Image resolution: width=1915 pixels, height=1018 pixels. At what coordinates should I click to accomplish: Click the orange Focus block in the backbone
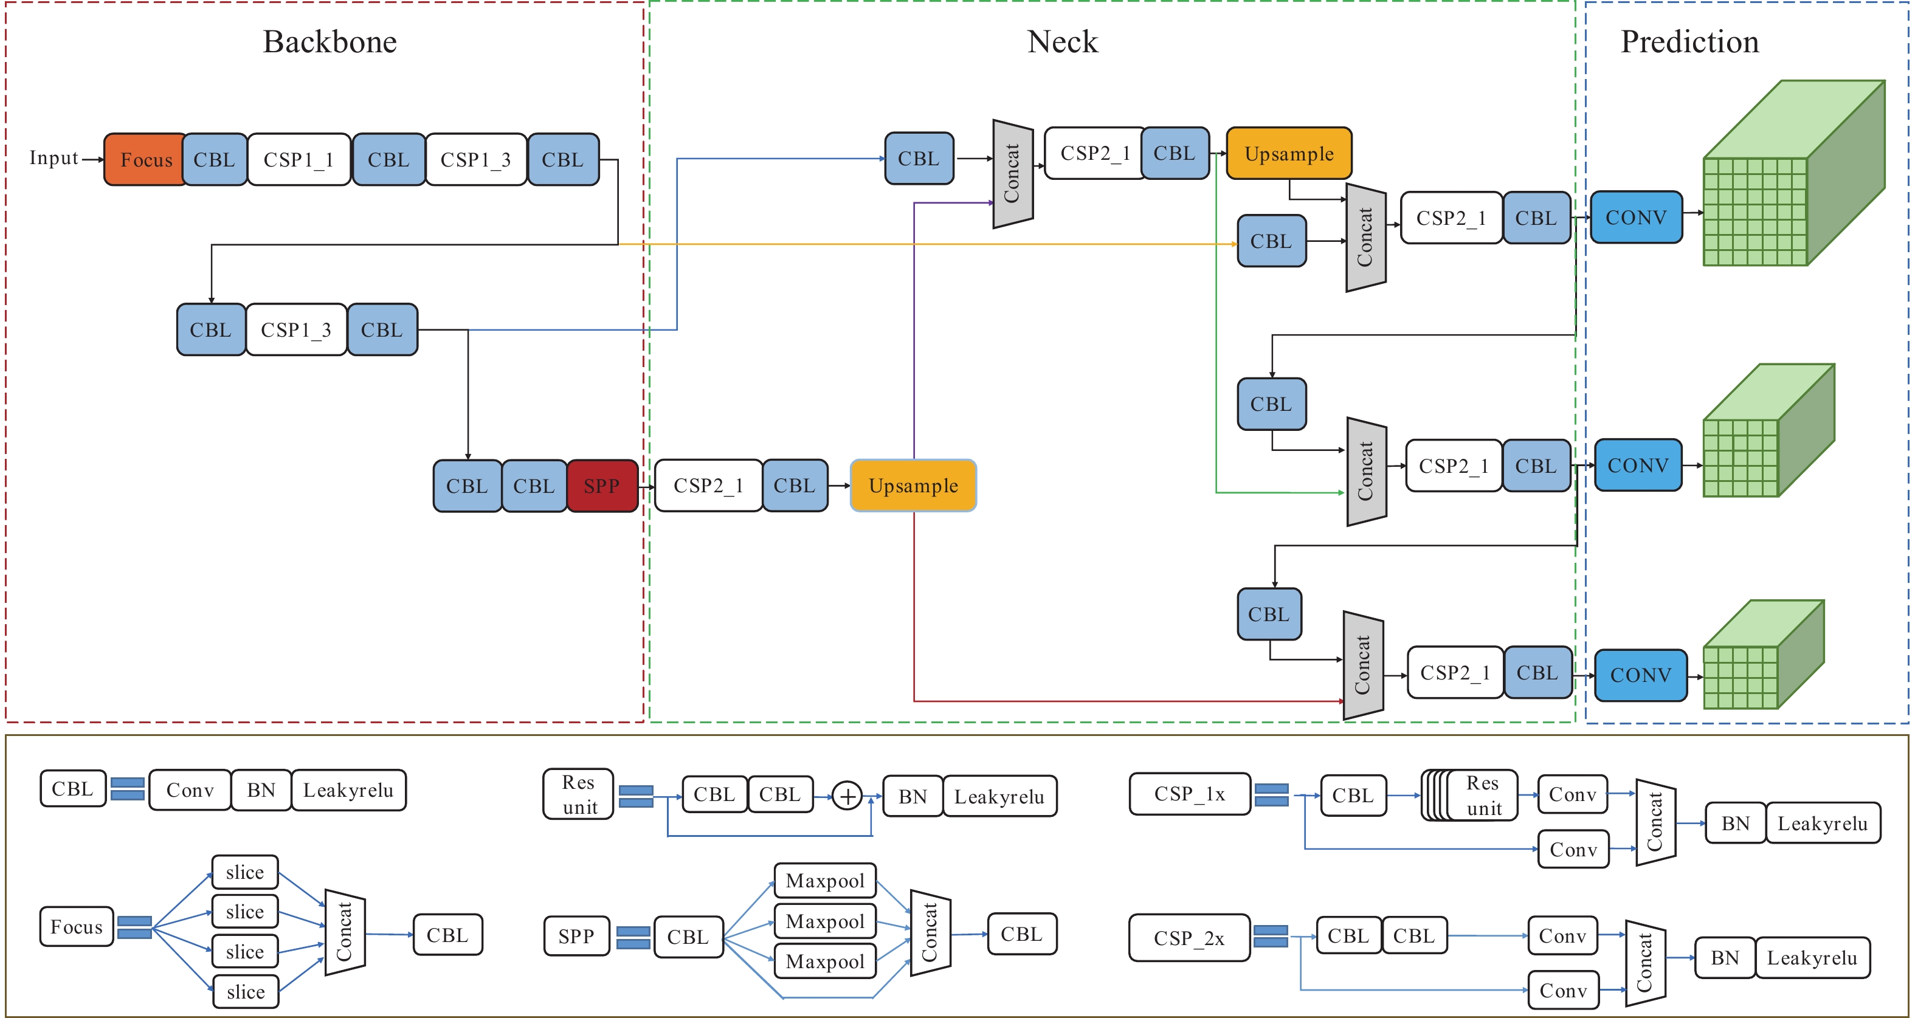tap(146, 160)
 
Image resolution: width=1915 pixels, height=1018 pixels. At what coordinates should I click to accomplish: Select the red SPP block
tap(601, 486)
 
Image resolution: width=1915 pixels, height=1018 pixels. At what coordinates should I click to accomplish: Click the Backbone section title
tap(330, 41)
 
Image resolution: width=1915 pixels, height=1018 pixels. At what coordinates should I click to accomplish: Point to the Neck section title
tap(1061, 41)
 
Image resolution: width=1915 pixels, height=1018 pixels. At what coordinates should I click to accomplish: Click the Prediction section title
tap(1689, 41)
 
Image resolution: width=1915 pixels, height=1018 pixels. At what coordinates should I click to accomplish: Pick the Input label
tap(53, 158)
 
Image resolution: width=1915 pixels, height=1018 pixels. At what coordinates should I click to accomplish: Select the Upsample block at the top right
tap(1288, 154)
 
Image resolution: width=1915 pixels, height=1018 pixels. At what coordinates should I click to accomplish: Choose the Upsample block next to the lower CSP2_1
tap(913, 486)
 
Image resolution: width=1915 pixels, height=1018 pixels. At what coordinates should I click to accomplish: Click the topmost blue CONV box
tap(1635, 218)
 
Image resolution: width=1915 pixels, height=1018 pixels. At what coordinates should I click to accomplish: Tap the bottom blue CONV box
tap(1640, 675)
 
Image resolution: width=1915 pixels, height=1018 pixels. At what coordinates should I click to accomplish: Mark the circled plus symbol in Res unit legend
tap(847, 796)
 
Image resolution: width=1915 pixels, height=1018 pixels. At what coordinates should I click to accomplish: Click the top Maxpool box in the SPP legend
tap(824, 881)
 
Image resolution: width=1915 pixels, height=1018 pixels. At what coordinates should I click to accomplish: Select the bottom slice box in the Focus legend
tap(246, 992)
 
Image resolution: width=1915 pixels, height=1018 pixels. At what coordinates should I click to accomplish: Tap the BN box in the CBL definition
tap(261, 790)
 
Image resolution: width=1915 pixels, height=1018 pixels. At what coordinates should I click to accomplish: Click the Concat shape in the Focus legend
tap(344, 932)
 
